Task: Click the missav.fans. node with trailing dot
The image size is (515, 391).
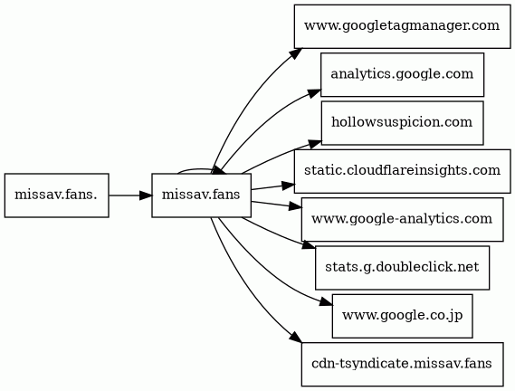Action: tap(56, 195)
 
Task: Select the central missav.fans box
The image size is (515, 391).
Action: tap(201, 195)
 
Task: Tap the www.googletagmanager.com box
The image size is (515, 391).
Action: tap(402, 26)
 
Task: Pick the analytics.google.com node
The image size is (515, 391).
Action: tap(402, 74)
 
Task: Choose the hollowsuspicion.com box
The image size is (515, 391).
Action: tap(402, 123)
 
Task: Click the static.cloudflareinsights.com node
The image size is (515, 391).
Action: tap(402, 171)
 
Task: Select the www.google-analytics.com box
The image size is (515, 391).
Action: tap(402, 220)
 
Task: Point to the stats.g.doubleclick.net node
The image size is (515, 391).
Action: tap(402, 268)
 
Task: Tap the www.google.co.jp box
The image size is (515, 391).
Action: tap(402, 316)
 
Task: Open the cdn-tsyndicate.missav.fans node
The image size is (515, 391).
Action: tap(402, 365)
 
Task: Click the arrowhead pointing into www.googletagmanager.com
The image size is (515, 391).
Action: tap(296, 53)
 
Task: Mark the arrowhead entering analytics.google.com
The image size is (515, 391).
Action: tap(314, 93)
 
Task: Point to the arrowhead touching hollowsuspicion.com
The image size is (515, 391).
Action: tap(315, 145)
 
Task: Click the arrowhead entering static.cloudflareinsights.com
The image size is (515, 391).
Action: tap(288, 186)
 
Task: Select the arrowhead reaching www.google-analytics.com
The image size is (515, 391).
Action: tap(295, 207)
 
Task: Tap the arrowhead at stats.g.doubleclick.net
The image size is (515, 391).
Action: tap(309, 245)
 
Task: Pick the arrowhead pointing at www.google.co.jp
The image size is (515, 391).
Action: tap(326, 303)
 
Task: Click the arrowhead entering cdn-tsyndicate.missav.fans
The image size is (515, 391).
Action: tap(296, 338)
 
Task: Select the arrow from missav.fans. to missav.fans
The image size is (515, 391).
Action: tap(130, 195)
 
